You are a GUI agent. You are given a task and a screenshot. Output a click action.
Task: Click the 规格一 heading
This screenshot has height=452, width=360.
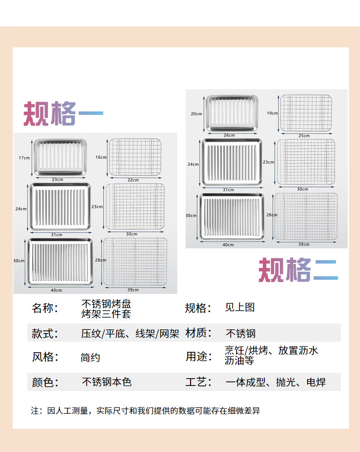[x=63, y=113]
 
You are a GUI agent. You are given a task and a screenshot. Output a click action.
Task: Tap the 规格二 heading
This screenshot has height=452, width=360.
[x=298, y=270]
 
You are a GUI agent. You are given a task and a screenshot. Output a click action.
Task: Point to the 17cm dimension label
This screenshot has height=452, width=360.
[x=24, y=158]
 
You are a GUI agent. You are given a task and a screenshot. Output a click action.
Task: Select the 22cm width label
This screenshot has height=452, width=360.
[x=133, y=180]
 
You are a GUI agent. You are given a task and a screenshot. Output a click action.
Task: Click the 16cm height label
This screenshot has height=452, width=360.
[x=101, y=157]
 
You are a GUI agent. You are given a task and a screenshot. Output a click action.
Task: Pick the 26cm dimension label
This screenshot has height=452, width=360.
[x=229, y=135]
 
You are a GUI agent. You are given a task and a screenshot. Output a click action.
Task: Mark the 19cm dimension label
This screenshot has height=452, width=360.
[x=272, y=113]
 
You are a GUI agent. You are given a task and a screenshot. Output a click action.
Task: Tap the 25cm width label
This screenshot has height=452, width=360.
[x=303, y=136]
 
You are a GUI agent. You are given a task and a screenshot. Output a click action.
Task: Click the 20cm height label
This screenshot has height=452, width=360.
[x=196, y=113]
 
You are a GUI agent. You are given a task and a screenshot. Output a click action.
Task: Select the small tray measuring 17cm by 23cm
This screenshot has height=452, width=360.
[x=60, y=157]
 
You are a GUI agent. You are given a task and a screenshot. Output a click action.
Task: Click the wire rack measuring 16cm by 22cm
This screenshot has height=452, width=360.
[x=135, y=157]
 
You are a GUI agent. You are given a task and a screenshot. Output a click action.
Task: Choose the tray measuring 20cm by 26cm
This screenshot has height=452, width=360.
[x=231, y=113]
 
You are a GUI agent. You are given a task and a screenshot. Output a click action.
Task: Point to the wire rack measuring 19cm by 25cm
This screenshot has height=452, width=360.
[x=305, y=113]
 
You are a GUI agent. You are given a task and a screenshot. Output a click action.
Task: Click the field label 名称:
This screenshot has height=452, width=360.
[x=45, y=308]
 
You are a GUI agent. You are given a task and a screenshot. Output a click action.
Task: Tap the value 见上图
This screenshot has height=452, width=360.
[x=240, y=307]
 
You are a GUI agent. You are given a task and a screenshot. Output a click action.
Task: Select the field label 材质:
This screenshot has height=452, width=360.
[x=198, y=333]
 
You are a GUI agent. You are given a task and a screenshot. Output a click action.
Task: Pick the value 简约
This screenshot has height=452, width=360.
[x=90, y=358]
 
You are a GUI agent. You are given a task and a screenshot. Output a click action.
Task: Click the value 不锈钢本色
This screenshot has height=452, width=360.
[x=107, y=382]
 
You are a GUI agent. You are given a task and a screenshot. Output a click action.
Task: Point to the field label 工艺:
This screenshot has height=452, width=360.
[x=198, y=382]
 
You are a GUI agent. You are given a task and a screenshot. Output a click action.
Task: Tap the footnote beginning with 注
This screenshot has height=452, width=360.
[x=145, y=411]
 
